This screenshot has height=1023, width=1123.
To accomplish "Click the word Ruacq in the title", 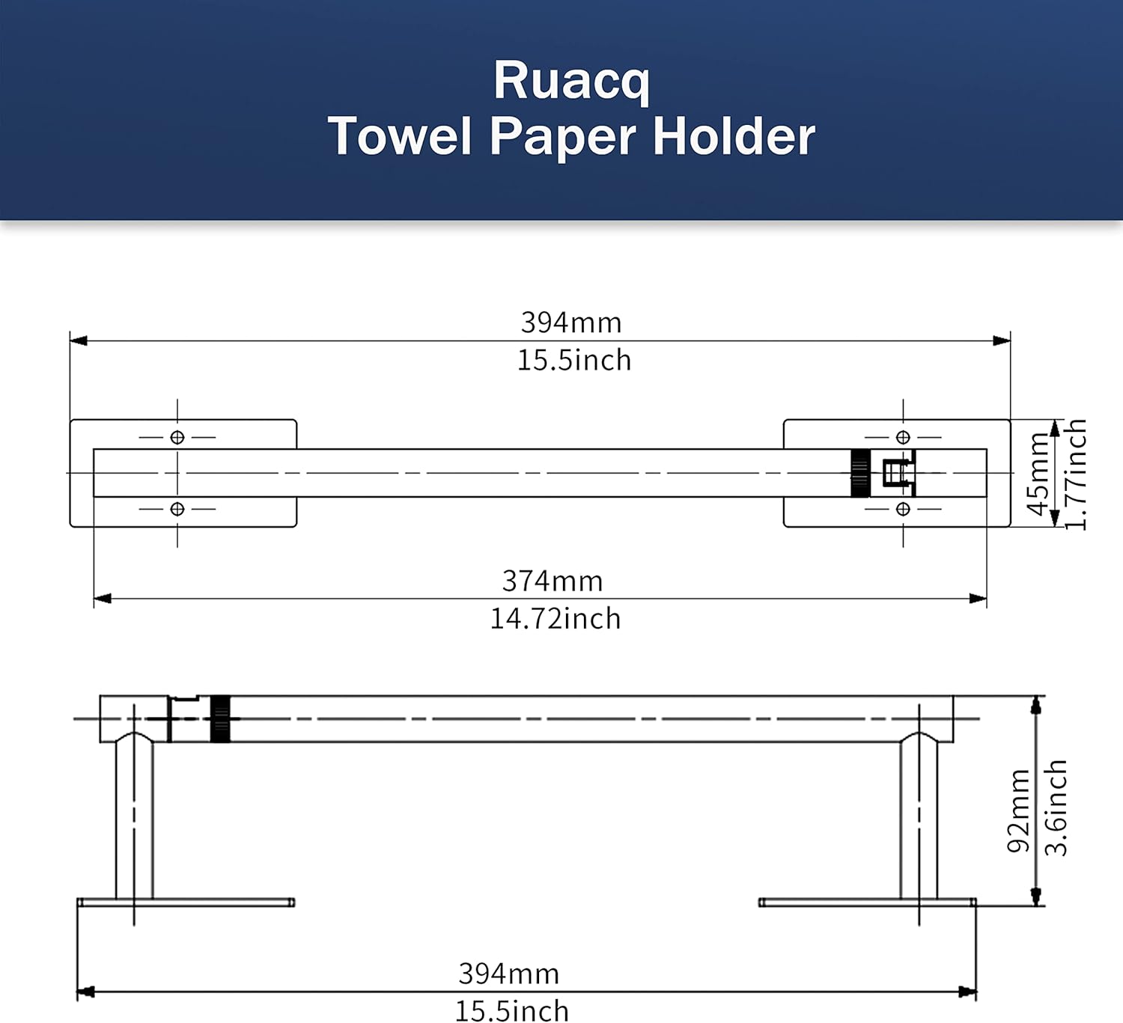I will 571,82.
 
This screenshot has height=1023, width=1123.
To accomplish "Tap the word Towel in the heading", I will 400,137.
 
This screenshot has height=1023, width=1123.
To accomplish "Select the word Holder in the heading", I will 734,137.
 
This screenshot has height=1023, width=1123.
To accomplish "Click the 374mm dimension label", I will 553,581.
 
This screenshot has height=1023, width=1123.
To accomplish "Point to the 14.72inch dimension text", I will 556,619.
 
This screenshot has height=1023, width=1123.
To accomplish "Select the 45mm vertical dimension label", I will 1038,474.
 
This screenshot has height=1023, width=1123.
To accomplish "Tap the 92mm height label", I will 1018,810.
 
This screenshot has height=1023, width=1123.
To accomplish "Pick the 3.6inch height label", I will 1056,808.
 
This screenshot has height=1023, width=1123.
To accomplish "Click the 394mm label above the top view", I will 571,323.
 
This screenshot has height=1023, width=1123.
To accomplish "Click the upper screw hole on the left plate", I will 177,437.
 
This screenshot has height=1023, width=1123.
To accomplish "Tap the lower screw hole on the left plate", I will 177,509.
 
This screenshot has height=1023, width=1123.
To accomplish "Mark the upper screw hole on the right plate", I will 903,437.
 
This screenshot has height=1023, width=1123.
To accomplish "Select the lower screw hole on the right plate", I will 903,509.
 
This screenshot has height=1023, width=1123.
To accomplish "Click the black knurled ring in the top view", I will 860,473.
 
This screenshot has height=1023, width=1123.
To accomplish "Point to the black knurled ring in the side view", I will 220,718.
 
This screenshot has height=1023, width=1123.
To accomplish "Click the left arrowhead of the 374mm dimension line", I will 103,599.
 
